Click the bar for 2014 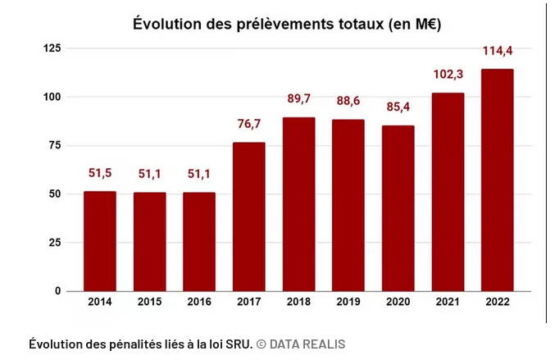pos(100,241)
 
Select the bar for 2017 pos(248,217)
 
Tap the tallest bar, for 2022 pos(497,180)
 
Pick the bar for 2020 pos(398,208)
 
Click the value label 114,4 pos(497,51)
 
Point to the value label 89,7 pos(298,98)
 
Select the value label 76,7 pos(248,124)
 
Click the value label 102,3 pos(448,75)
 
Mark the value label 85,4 pos(398,107)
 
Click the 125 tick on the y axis pos(52,49)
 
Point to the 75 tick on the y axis pos(55,146)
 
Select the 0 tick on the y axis pos(58,291)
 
